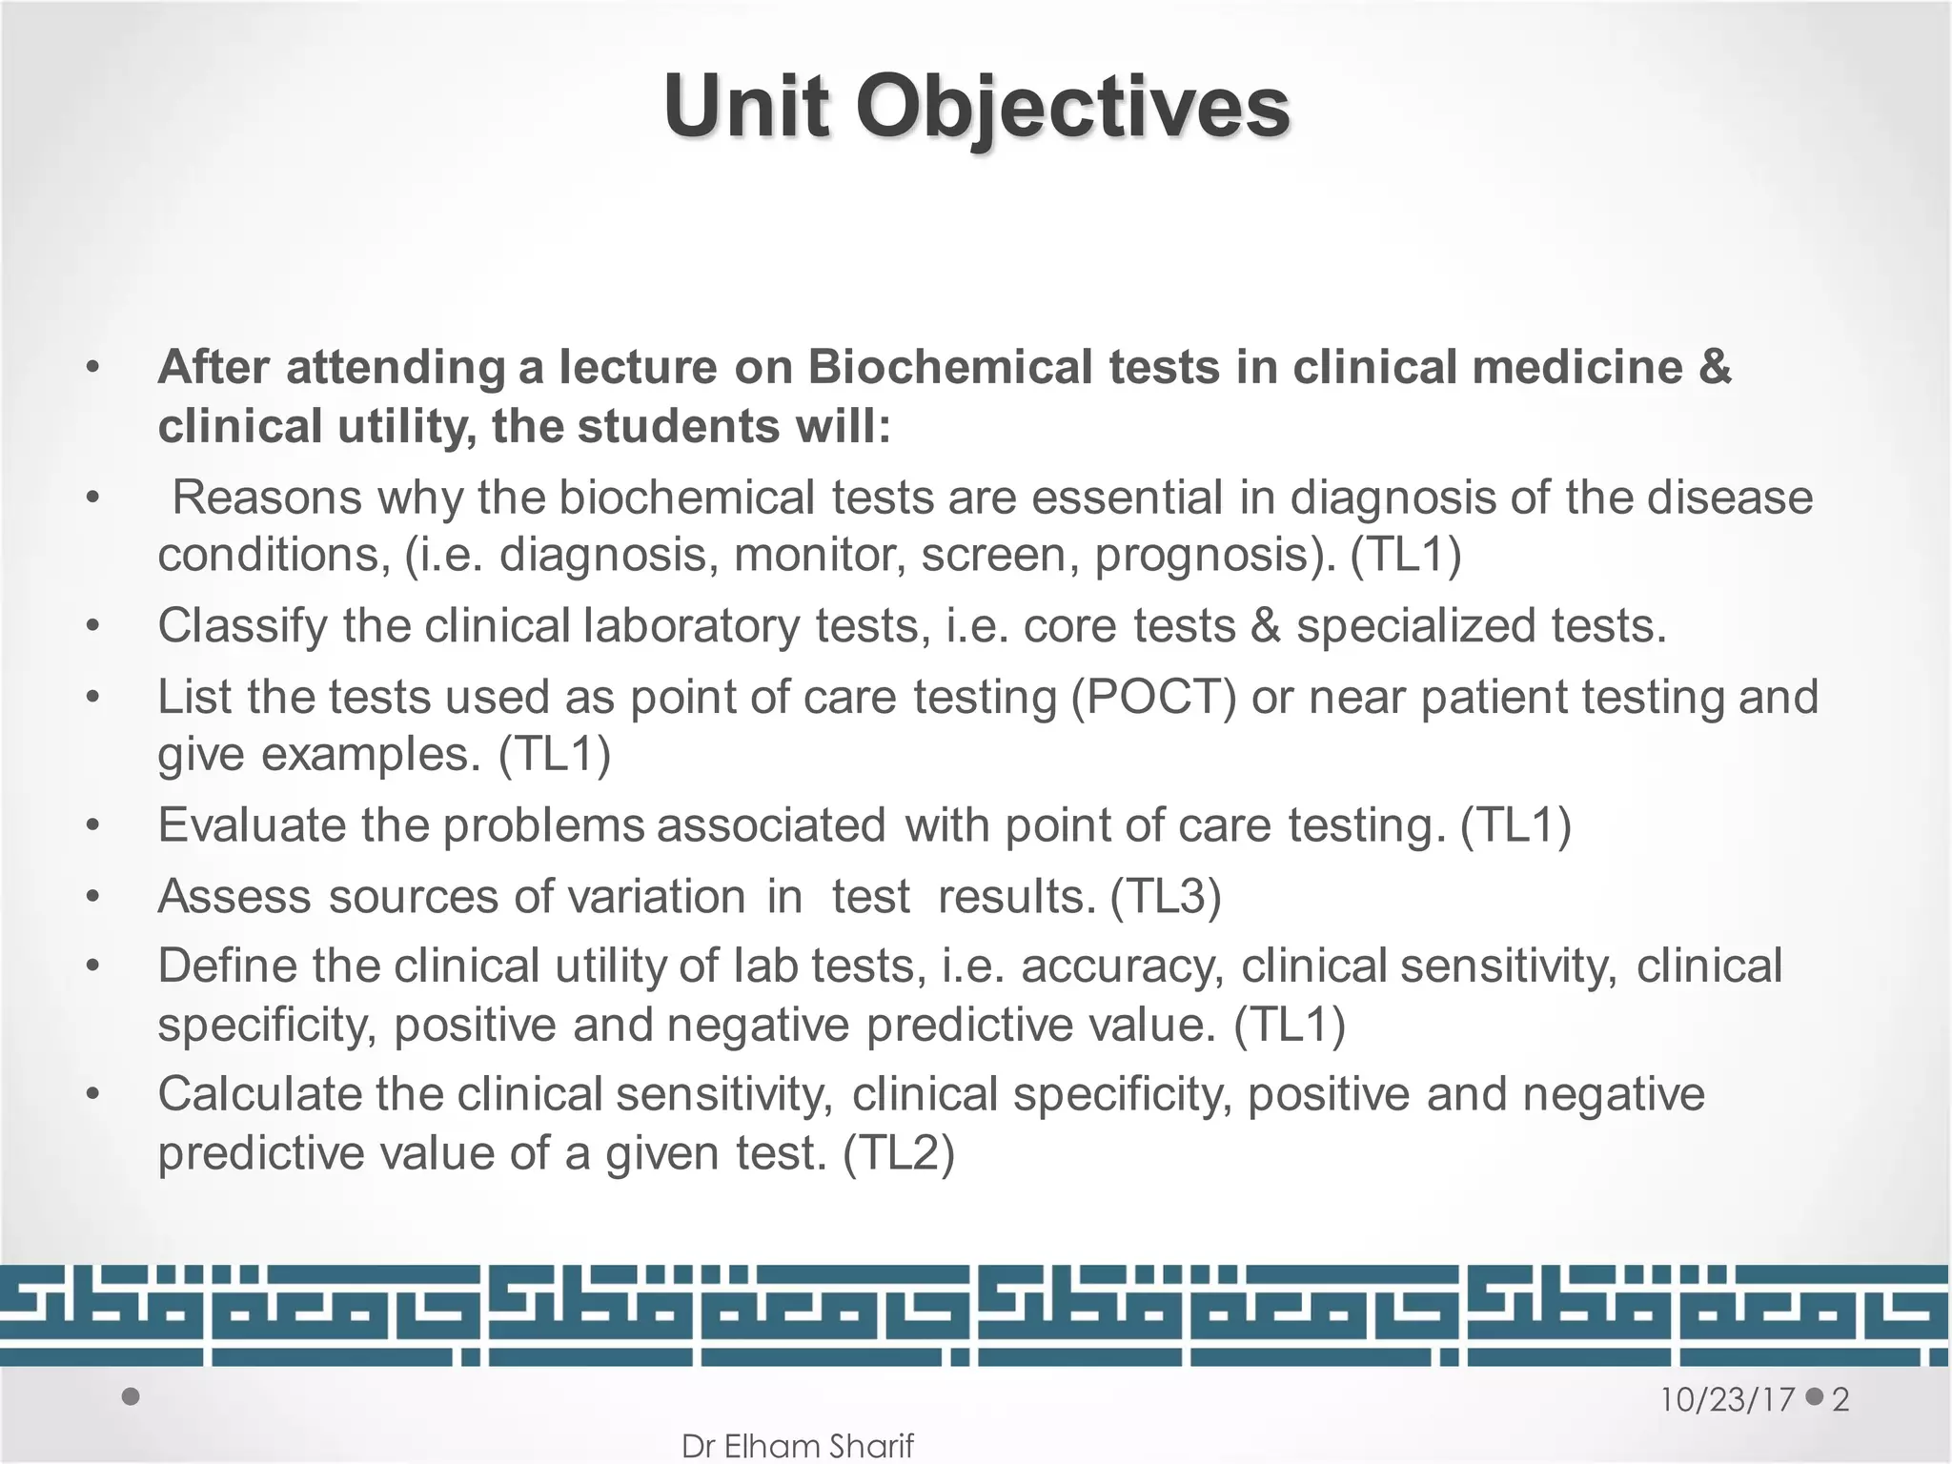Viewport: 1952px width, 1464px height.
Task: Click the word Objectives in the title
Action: coord(1071,108)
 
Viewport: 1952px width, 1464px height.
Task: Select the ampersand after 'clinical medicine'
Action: coord(1714,368)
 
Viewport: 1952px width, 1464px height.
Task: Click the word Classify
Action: coord(242,627)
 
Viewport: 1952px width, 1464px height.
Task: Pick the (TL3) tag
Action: coord(1166,897)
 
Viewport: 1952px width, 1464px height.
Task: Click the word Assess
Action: coord(234,897)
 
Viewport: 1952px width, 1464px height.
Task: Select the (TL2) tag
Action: coord(899,1153)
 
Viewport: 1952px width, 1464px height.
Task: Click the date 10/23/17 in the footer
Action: coord(1728,1400)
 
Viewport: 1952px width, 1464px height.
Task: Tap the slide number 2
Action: coord(1840,1400)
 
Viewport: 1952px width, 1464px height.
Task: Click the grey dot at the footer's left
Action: coord(132,1397)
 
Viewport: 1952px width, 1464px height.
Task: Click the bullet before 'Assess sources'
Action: coord(92,897)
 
